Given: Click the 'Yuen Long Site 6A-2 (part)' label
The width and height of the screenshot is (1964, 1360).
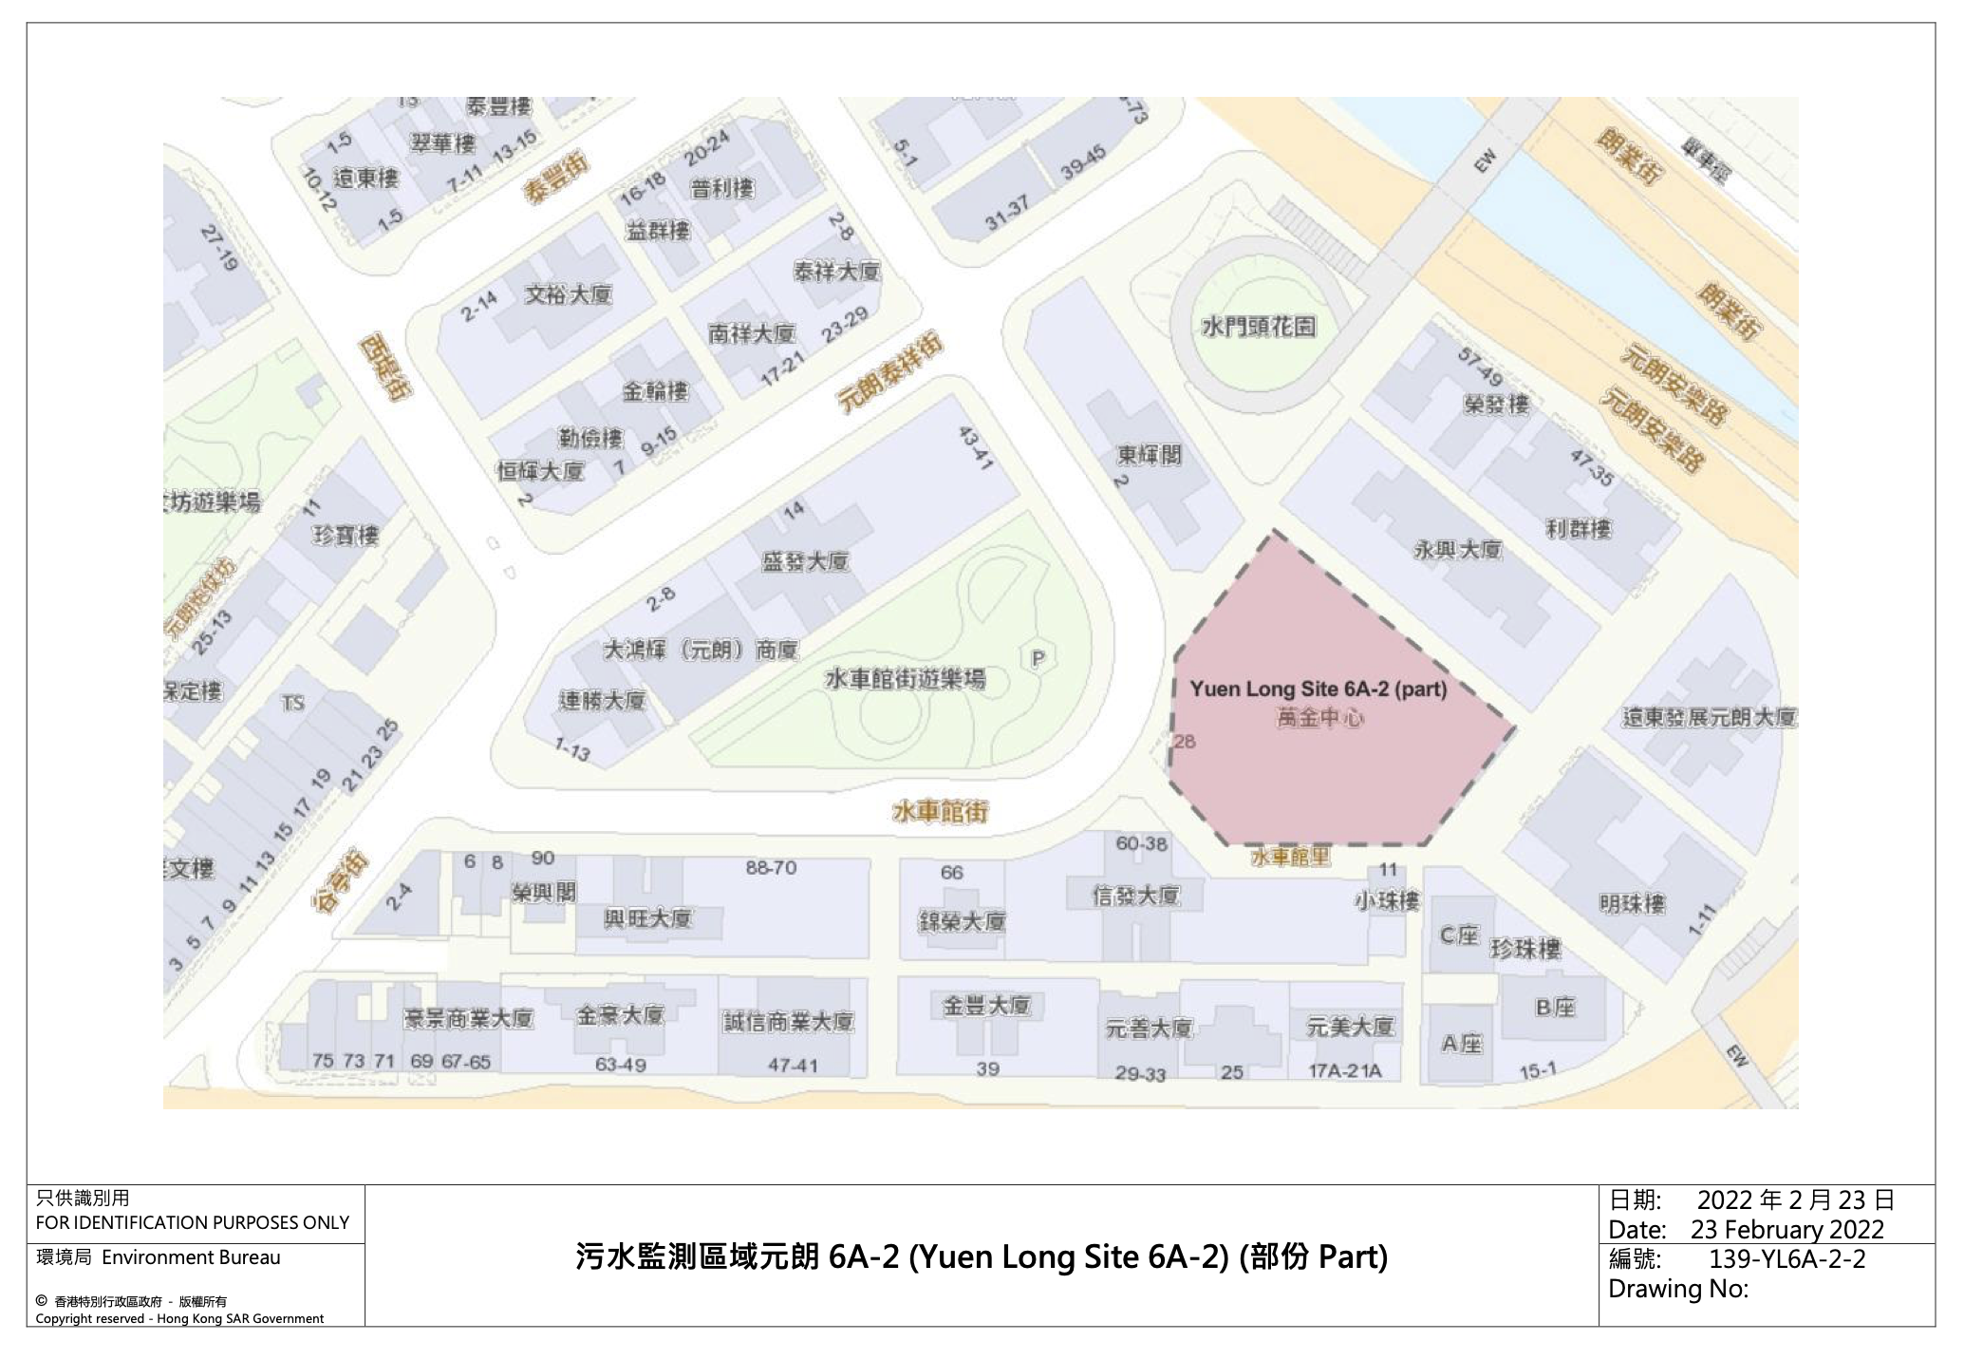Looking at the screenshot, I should pyautogui.click(x=1319, y=689).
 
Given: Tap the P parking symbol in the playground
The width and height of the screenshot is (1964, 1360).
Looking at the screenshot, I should pyautogui.click(x=1038, y=658).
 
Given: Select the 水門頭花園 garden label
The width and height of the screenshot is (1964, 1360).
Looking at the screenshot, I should pyautogui.click(x=1259, y=327).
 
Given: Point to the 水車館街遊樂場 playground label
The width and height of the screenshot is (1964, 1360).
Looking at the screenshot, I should pyautogui.click(x=905, y=679).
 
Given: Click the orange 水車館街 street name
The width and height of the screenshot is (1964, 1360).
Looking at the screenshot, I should pyautogui.click(x=940, y=812).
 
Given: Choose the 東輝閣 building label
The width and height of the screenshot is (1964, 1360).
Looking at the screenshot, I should pyautogui.click(x=1149, y=455).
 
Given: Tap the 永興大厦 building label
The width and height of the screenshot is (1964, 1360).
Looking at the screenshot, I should pyautogui.click(x=1458, y=549).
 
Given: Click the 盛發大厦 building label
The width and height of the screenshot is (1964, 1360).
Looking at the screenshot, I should pyautogui.click(x=805, y=561).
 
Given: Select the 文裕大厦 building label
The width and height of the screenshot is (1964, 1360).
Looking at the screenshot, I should pyautogui.click(x=569, y=294).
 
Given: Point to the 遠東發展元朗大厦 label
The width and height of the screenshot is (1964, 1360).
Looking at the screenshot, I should pyautogui.click(x=1709, y=717).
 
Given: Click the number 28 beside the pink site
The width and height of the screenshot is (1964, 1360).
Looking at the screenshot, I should pyautogui.click(x=1185, y=741).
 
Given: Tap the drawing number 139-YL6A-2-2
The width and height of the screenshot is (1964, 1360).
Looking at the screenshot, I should pyautogui.click(x=1787, y=1259).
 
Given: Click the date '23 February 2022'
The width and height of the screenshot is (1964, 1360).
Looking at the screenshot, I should pyautogui.click(x=1786, y=1230).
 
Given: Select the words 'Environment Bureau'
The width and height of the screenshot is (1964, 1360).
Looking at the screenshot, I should pyautogui.click(x=191, y=1257).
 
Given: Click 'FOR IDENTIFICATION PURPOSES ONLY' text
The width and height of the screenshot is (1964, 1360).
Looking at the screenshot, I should pyautogui.click(x=193, y=1222).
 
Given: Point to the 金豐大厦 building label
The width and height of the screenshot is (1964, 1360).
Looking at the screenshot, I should pyautogui.click(x=985, y=1006).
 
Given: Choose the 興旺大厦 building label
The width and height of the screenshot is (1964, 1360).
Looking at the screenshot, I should pyautogui.click(x=648, y=918).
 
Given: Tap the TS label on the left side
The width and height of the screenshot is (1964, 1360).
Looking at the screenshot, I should pyautogui.click(x=292, y=703).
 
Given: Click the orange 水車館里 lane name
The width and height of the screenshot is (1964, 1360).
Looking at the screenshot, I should pyautogui.click(x=1291, y=857).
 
